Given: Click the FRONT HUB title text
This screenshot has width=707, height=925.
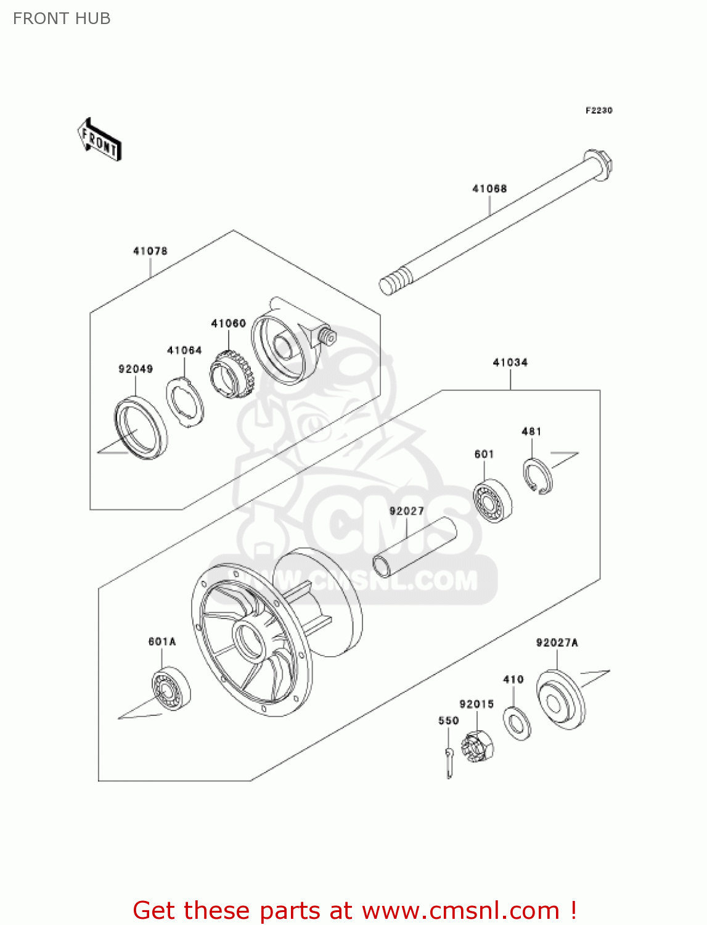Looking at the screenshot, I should pos(62,18).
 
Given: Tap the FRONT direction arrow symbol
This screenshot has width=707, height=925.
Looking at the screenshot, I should pos(99,140).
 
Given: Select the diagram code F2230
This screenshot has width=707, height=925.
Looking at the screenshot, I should pos(599,110).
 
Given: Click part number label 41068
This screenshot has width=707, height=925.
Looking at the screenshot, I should pos(489,189).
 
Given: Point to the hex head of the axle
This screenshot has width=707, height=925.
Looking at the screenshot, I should pos(599,163).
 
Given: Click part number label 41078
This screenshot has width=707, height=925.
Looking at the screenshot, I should pos(150,251).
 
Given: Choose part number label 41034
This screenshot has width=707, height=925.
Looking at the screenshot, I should pos(510,363).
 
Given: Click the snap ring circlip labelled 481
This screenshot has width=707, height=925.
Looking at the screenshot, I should pos(538,476).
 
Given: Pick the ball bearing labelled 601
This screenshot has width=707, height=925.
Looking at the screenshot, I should pos(492,500).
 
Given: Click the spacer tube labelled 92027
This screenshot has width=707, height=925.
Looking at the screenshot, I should pos(414,547).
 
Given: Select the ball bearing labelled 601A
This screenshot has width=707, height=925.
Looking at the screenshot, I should pos(171,688).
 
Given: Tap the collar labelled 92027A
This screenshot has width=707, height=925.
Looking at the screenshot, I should pos(560,700).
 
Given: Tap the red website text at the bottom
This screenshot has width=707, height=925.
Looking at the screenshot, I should pos(354,910).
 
